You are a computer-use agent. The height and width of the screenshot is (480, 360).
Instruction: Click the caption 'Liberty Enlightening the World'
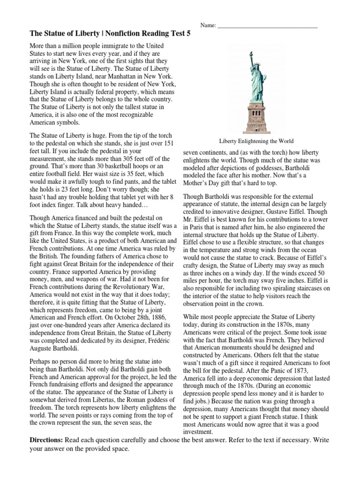pyautogui.click(x=256, y=141)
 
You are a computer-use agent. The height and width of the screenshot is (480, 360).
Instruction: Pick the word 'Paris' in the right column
pyautogui.click(x=191, y=227)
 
